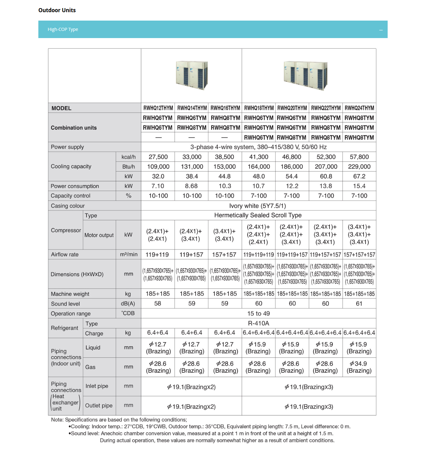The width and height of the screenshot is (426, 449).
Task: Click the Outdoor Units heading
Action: pos(57,10)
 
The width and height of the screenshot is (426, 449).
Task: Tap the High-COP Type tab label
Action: pos(63,29)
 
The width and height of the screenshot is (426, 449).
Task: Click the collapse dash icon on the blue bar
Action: pos(381,30)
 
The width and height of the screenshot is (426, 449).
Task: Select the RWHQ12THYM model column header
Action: pos(158,108)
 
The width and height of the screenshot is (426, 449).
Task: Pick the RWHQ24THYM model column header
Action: pos(359,108)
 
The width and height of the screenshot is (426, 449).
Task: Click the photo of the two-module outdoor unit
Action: pos(191,75)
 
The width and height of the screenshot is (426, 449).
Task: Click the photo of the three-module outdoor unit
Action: pos(306,75)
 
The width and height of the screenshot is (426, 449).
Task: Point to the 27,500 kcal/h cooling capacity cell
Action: pos(158,157)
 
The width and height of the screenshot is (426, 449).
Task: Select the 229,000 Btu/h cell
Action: pos(359,167)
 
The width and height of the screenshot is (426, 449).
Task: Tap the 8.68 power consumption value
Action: pos(191,186)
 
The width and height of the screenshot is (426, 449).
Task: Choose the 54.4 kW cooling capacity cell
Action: pos(292,176)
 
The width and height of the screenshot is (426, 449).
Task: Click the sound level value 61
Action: pos(359,304)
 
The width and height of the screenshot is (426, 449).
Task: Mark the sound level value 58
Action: pos(158,304)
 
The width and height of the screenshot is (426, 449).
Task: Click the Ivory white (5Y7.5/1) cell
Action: pos(258,206)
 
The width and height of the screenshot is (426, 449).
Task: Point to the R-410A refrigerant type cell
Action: pos(259,323)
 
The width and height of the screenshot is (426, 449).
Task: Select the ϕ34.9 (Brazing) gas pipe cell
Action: pos(359,367)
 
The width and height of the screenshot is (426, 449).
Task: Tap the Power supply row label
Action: pos(67,147)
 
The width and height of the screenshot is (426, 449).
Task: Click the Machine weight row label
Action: pos(70,294)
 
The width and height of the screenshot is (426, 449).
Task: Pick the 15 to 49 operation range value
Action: pos(259,314)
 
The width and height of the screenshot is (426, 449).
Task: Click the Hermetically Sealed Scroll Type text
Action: pos(258,215)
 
